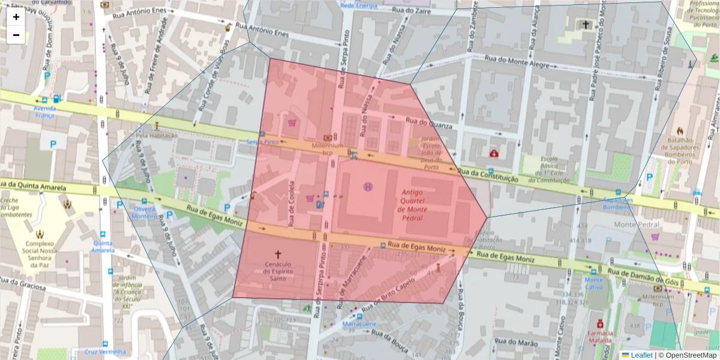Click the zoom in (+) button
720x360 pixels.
(16, 17)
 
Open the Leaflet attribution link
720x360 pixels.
(637, 355)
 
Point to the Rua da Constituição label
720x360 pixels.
(487, 175)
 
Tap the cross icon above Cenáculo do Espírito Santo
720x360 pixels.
(277, 254)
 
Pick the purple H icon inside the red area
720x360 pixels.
(368, 187)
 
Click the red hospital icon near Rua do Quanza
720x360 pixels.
(494, 154)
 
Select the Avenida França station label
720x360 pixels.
(45, 112)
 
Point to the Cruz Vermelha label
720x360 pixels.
(105, 352)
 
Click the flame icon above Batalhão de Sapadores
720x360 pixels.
(680, 130)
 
